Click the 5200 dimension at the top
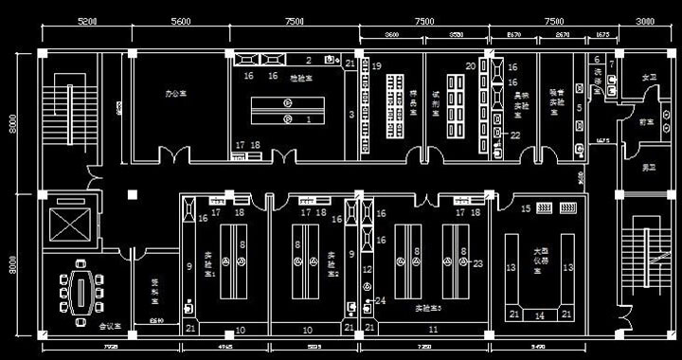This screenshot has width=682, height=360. (x=86, y=20)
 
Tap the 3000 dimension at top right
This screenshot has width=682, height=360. (x=645, y=20)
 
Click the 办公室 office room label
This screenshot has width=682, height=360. (x=176, y=94)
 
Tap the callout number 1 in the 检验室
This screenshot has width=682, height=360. (x=307, y=120)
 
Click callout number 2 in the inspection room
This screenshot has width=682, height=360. (x=309, y=60)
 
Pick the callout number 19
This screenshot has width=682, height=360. (x=376, y=66)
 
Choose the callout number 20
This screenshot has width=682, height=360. (x=470, y=66)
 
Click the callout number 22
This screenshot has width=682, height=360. (x=515, y=135)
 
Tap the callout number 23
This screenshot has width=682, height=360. (x=477, y=262)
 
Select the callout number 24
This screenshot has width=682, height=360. (x=381, y=300)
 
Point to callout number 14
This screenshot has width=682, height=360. (x=540, y=315)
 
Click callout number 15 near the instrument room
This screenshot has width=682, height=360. (x=526, y=207)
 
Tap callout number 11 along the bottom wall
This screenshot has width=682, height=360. (x=433, y=330)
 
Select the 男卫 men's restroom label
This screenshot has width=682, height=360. (x=648, y=167)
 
